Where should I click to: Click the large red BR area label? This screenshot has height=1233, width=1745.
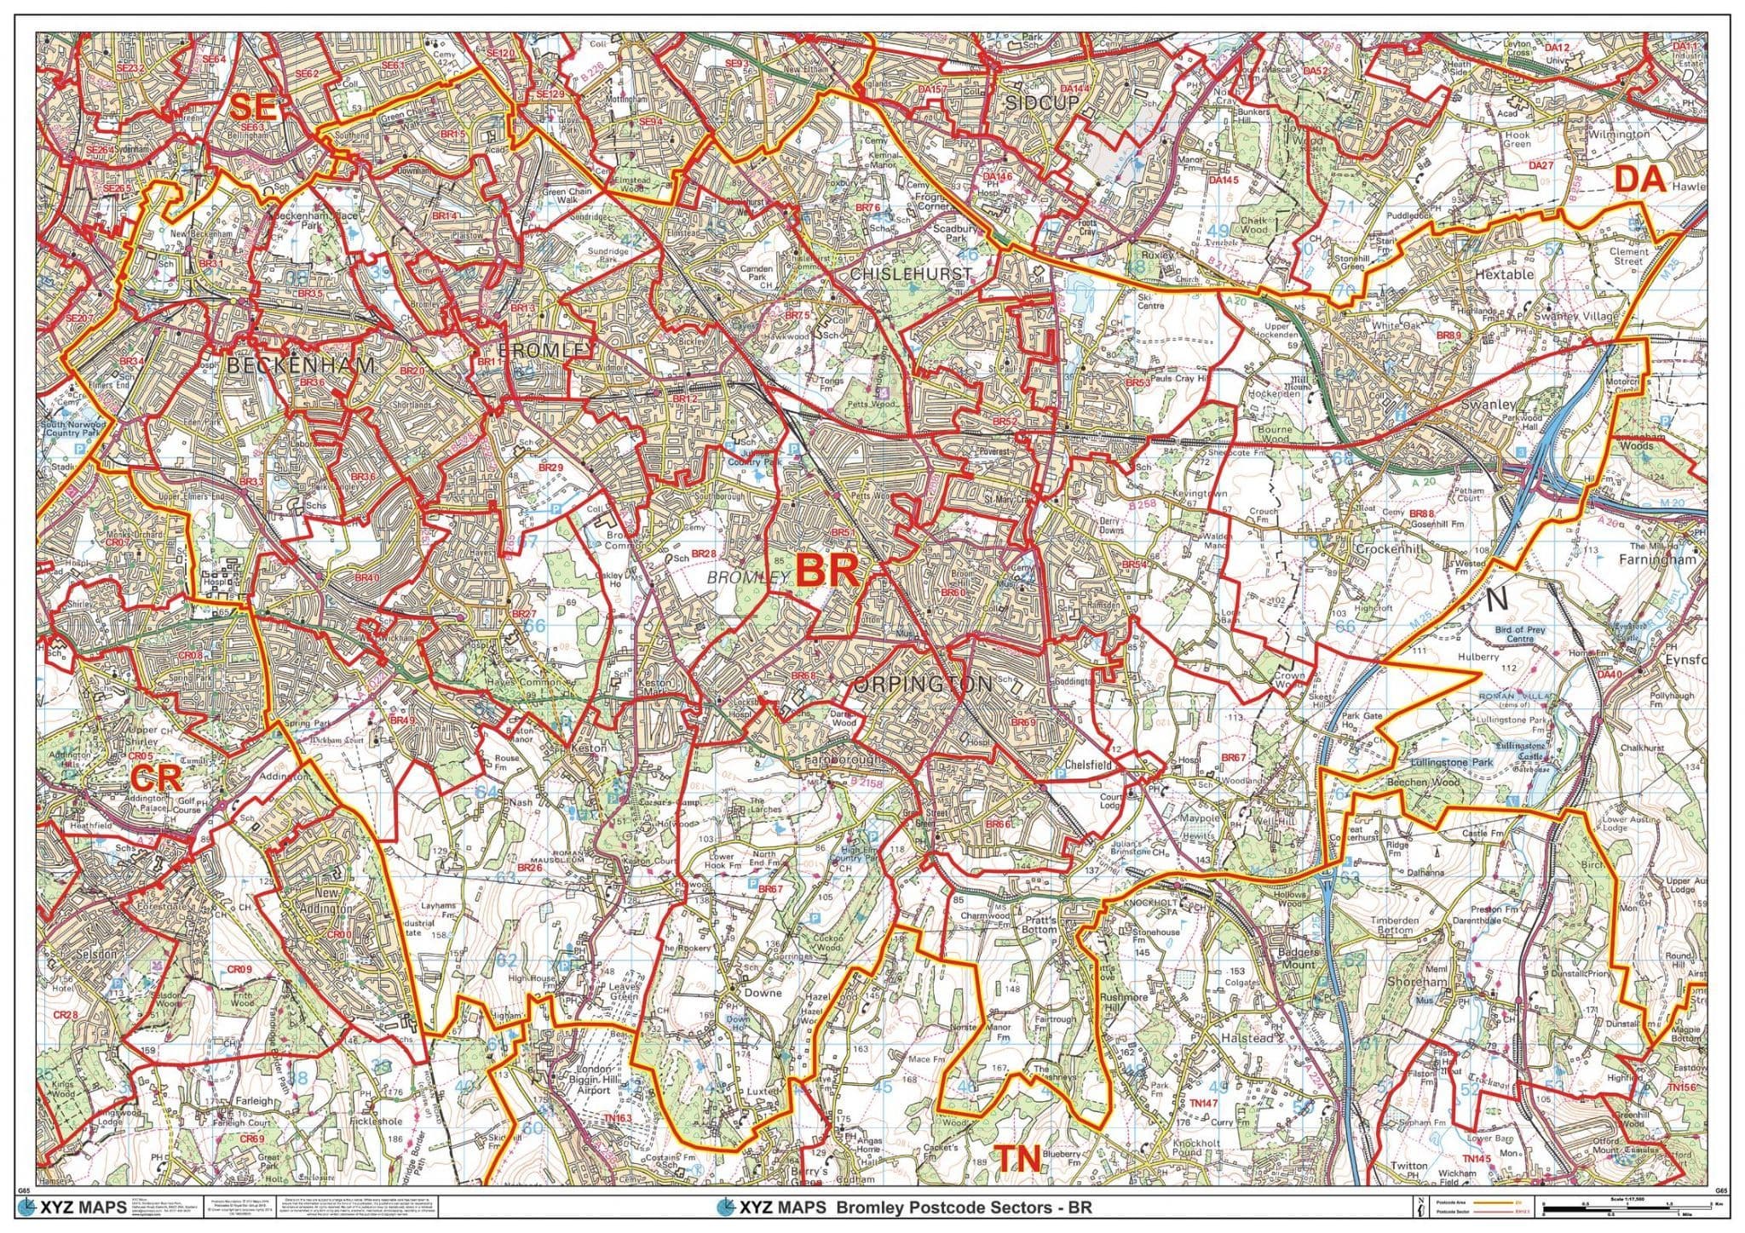click(826, 570)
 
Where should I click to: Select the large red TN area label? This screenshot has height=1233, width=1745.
click(1019, 1158)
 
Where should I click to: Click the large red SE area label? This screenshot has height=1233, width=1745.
click(253, 108)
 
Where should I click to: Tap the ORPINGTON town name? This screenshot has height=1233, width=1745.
click(922, 684)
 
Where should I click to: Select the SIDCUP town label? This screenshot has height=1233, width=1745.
click(1041, 102)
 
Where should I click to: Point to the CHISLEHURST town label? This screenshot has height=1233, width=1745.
click(910, 274)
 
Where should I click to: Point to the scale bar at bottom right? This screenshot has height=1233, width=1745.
click(1623, 1207)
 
